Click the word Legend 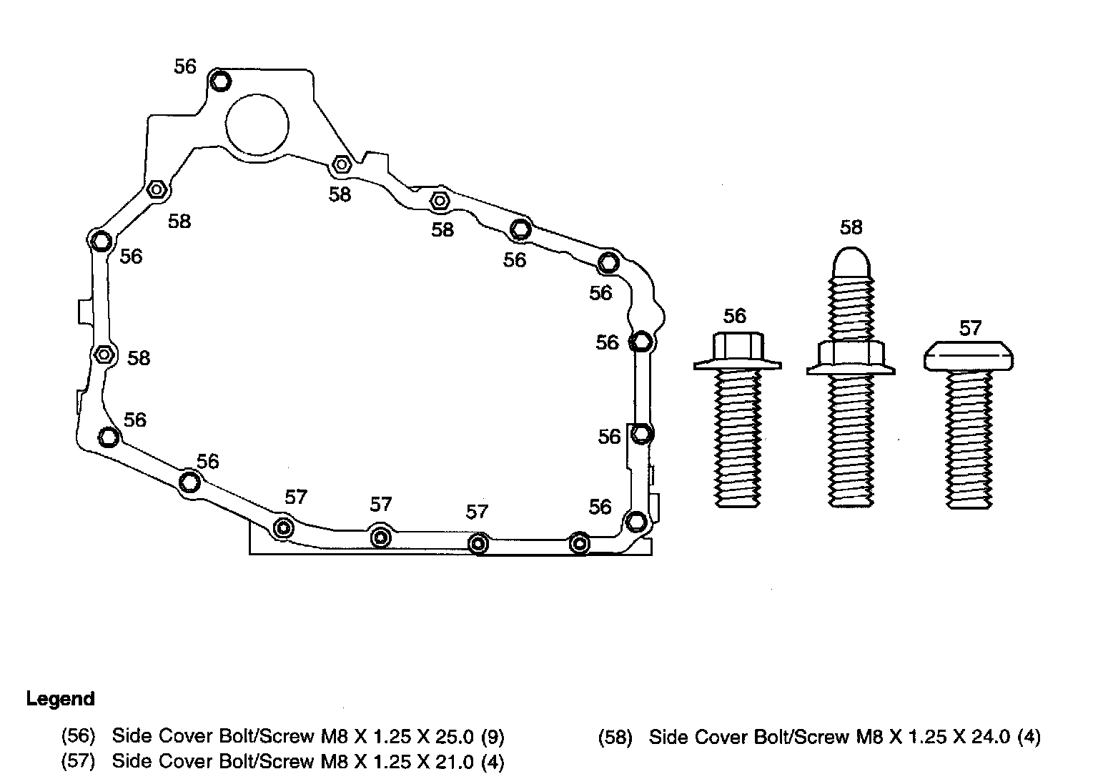click(60, 698)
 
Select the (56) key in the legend click(78, 735)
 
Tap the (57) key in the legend click(78, 761)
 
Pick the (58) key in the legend click(615, 737)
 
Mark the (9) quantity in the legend click(493, 735)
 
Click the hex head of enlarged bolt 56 click(737, 347)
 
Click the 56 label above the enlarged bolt click(734, 315)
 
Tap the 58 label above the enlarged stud click(851, 227)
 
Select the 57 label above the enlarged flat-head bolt click(970, 328)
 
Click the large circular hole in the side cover click(257, 124)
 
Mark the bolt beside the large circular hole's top click(220, 80)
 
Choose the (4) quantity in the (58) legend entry click(1029, 737)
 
